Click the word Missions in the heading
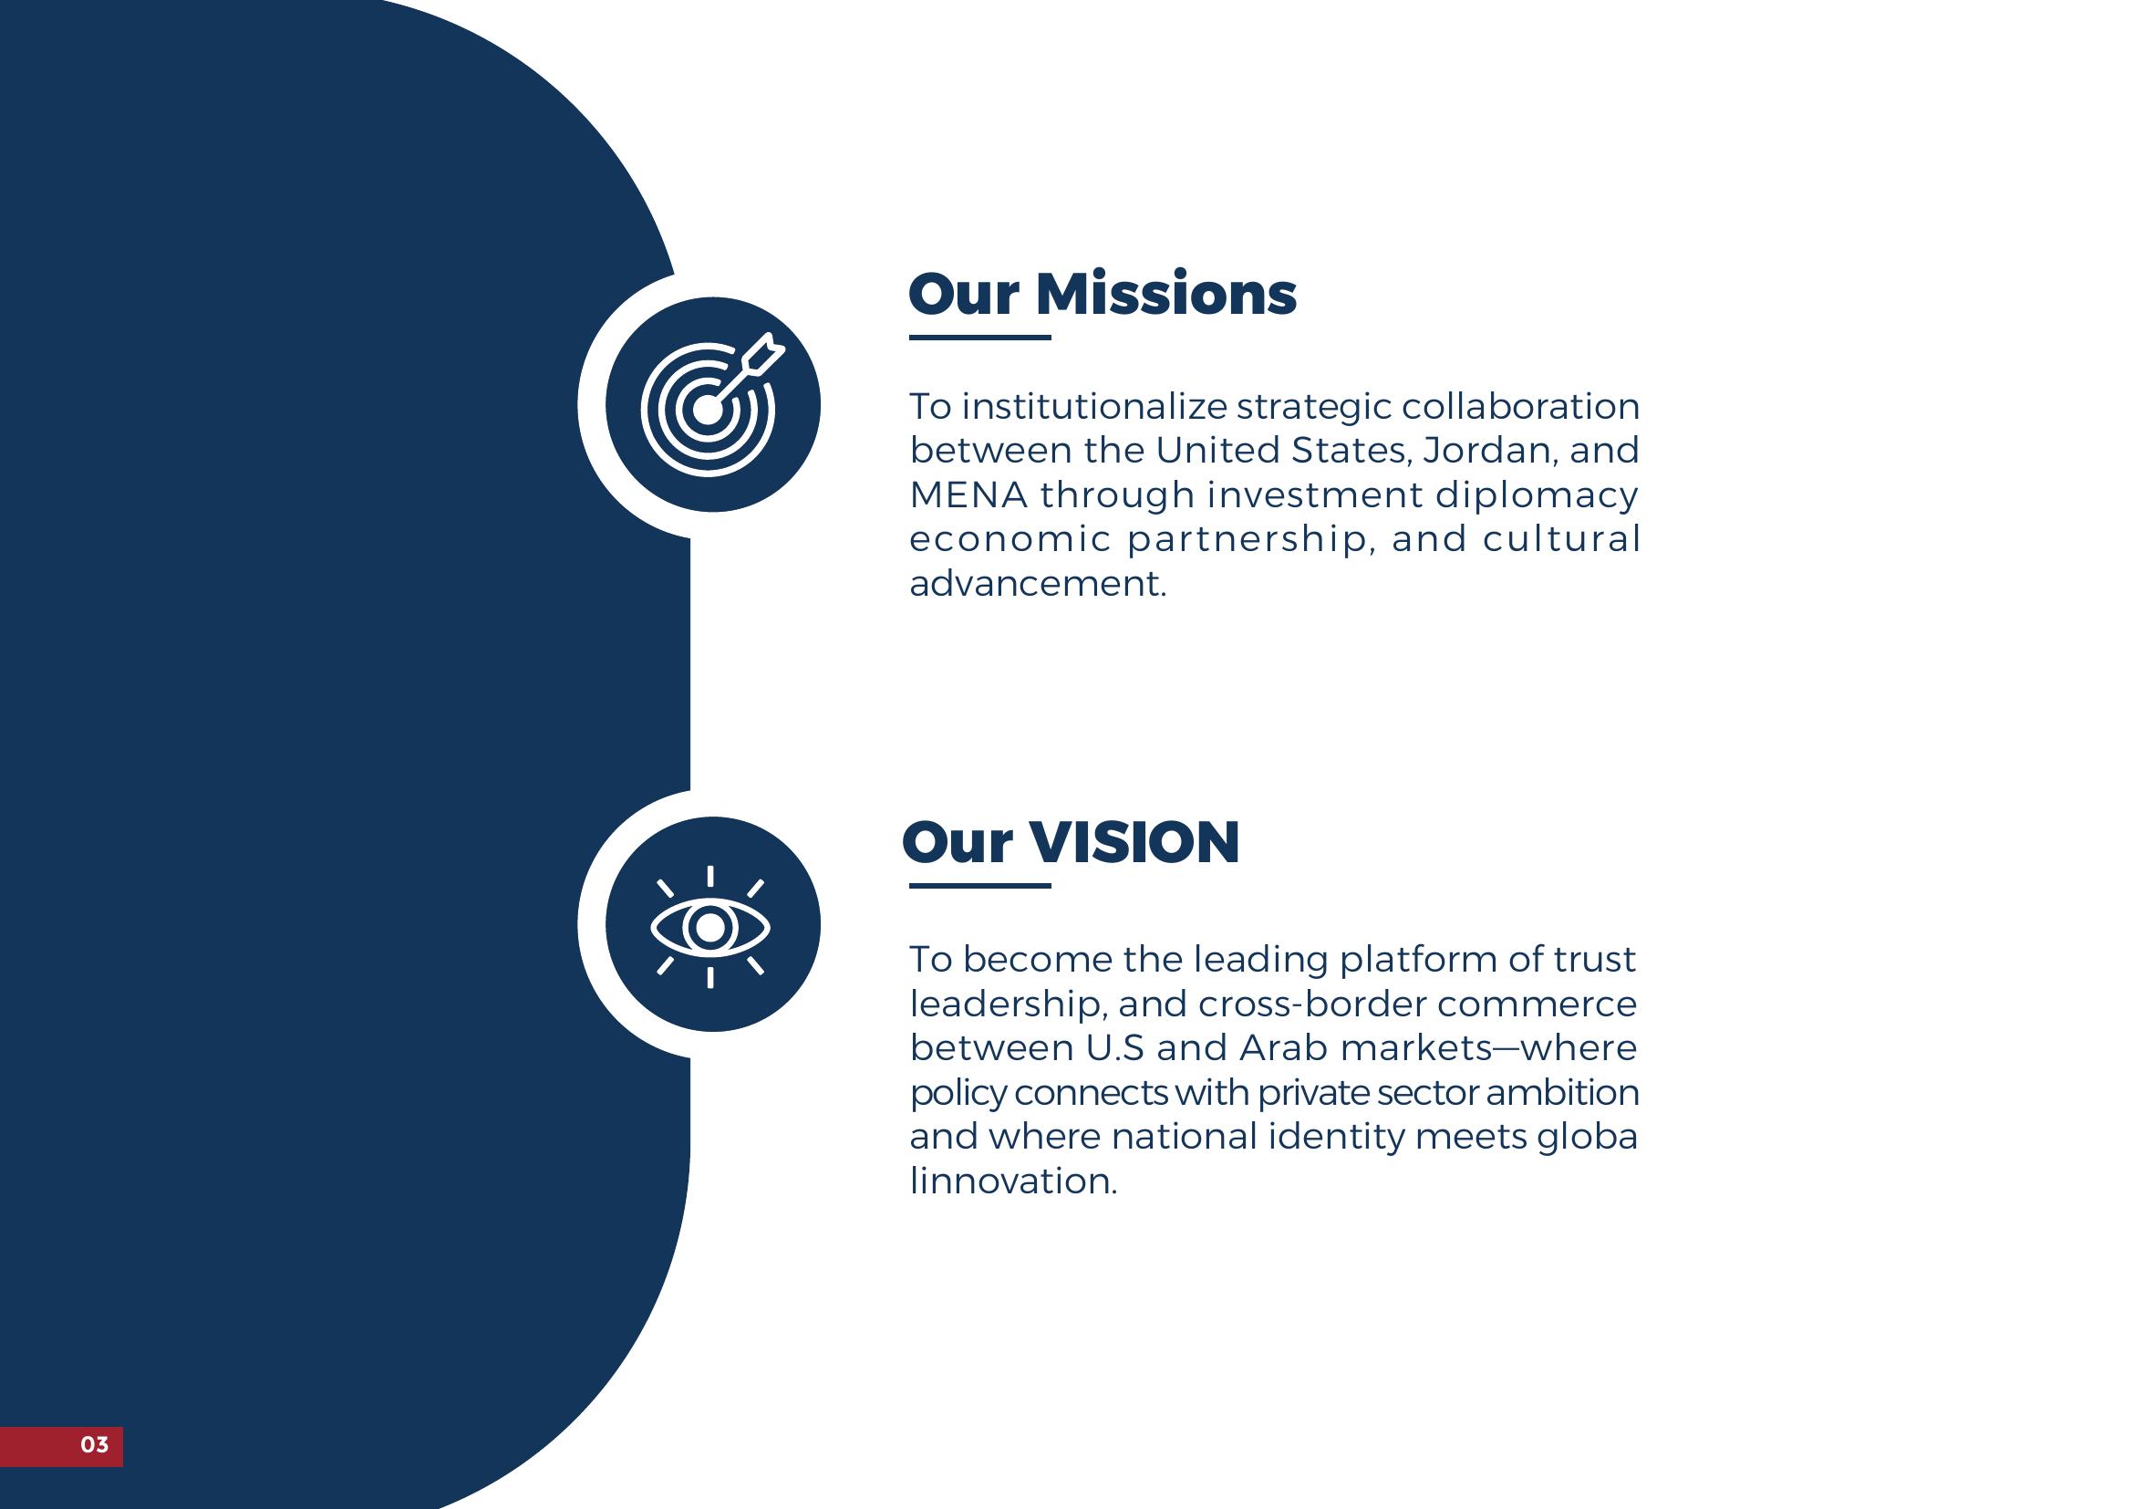1166,295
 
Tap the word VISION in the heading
1134,843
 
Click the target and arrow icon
711,404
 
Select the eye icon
710,926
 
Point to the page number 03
95,1444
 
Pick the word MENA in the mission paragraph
968,494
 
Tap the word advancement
1038,584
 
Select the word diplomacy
1537,496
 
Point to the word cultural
1561,539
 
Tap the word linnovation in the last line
1013,1181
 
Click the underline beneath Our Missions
980,338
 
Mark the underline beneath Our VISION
980,886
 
